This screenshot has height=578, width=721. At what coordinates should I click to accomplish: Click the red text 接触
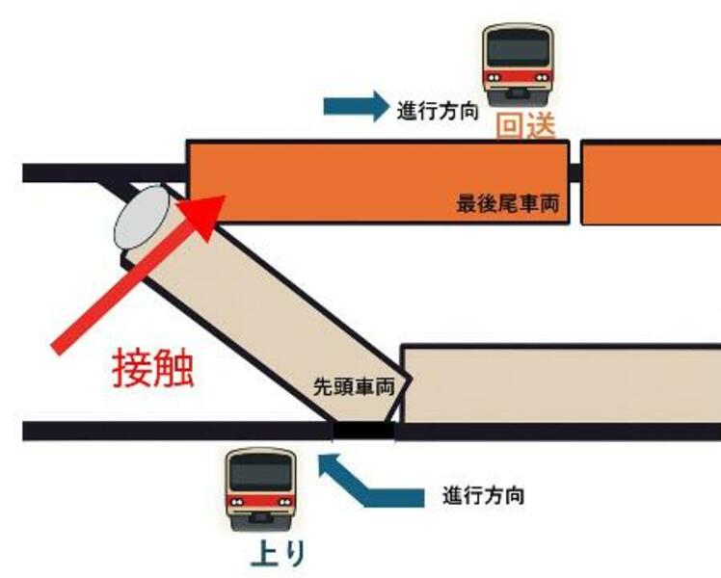[x=153, y=367]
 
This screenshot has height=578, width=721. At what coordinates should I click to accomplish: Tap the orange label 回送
[x=525, y=126]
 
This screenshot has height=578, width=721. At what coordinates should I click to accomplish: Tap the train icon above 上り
[x=259, y=486]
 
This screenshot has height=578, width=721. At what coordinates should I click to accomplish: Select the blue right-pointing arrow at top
[x=354, y=107]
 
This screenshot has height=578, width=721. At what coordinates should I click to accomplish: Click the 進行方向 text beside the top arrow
[x=438, y=110]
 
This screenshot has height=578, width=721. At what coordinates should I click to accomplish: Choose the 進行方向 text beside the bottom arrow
[x=484, y=497]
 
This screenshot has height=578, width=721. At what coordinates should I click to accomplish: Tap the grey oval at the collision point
[x=143, y=218]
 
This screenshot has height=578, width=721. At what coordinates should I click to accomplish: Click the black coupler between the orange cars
[x=574, y=173]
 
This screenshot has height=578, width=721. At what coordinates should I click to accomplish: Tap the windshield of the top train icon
[x=521, y=47]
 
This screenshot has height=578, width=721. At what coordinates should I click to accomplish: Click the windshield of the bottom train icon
[x=259, y=472]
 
